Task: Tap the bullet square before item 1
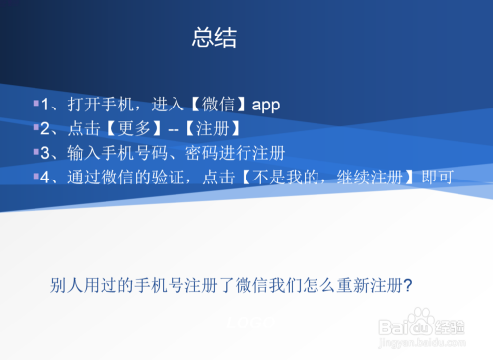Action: [35, 103]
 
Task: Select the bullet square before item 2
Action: [35, 127]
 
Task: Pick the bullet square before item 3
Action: [35, 152]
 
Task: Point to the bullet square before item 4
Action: [35, 177]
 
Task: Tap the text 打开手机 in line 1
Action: [105, 105]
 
